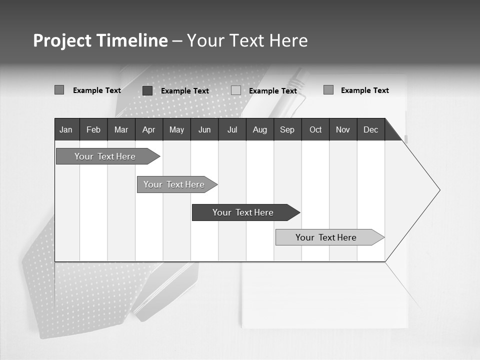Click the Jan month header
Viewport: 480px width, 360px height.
(x=66, y=129)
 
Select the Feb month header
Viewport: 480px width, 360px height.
(x=93, y=129)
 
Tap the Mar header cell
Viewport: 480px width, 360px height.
(x=121, y=129)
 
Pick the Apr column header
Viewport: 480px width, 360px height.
(x=149, y=129)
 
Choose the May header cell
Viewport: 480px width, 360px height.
(x=176, y=129)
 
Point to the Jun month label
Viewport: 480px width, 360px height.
(x=204, y=129)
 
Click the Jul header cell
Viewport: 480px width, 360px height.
(x=232, y=129)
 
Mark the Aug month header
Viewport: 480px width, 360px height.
(x=260, y=129)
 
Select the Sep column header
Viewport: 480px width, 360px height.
(x=287, y=129)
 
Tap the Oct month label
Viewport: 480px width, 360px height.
(x=315, y=129)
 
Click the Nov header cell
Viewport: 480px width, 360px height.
(x=343, y=129)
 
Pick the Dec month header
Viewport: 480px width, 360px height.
(x=371, y=129)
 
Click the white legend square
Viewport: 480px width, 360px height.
(x=236, y=90)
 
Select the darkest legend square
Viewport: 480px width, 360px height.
(x=147, y=90)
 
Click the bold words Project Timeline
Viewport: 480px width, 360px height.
(x=100, y=40)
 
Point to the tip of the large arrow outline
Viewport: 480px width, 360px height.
(x=439, y=190)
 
